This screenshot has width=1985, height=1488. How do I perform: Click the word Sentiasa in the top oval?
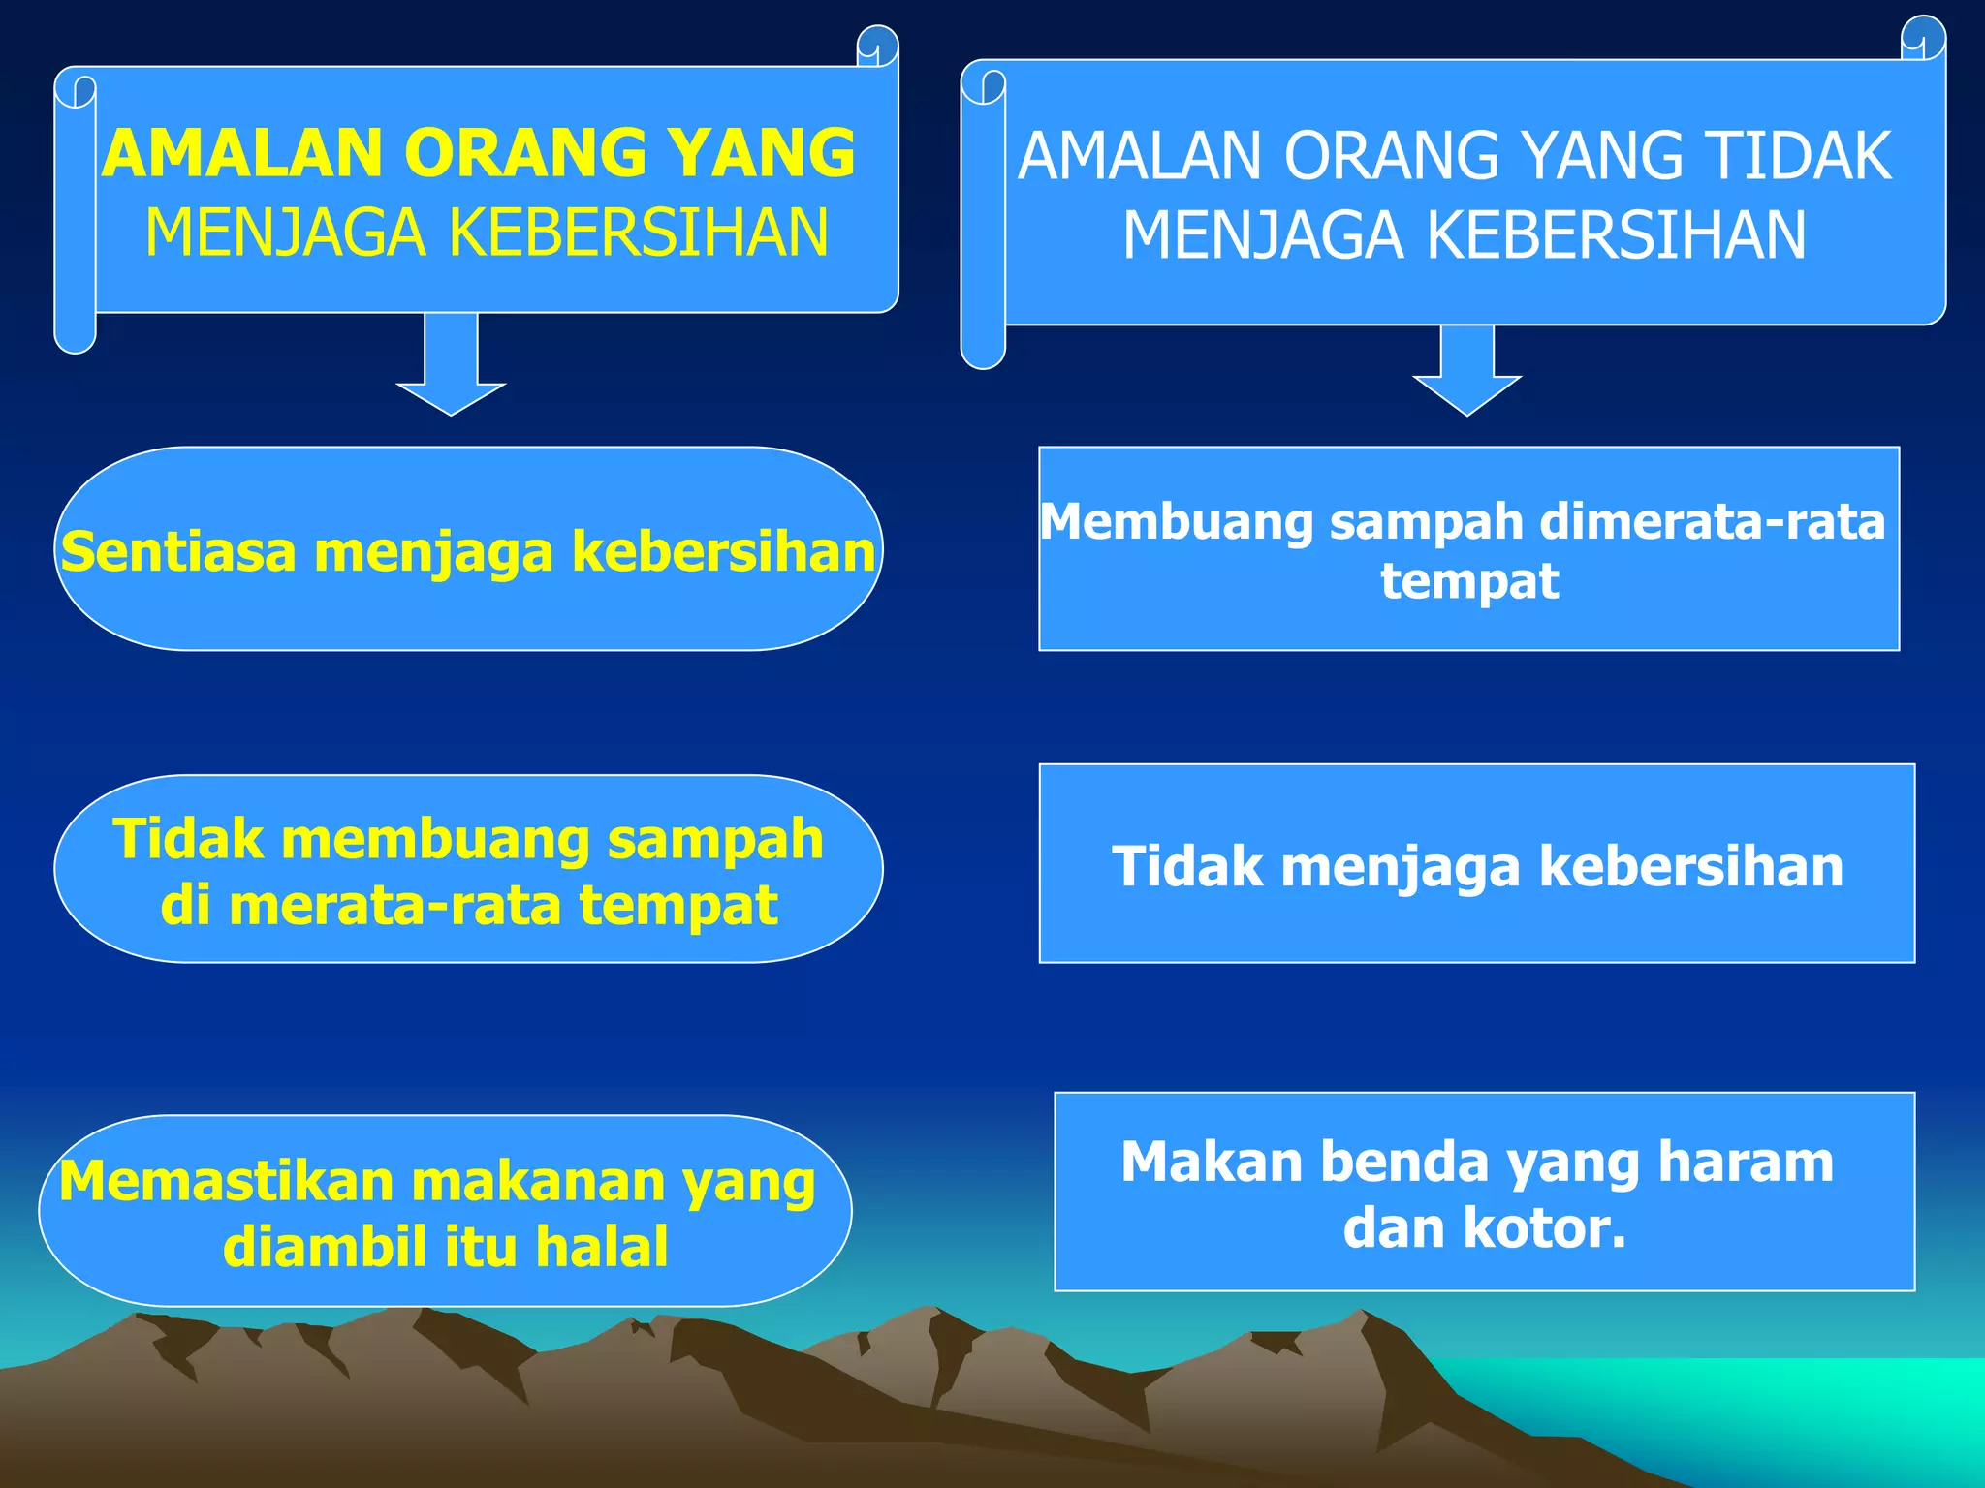[x=177, y=552]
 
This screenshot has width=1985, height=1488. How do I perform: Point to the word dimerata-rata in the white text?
[x=1713, y=522]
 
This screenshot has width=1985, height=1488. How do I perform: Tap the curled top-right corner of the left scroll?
[x=878, y=46]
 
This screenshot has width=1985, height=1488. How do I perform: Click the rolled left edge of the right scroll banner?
[x=983, y=223]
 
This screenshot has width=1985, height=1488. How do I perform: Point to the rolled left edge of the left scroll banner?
[x=75, y=213]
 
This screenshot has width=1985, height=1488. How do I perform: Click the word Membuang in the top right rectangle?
[x=1176, y=522]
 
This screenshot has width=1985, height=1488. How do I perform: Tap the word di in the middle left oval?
[x=185, y=907]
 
